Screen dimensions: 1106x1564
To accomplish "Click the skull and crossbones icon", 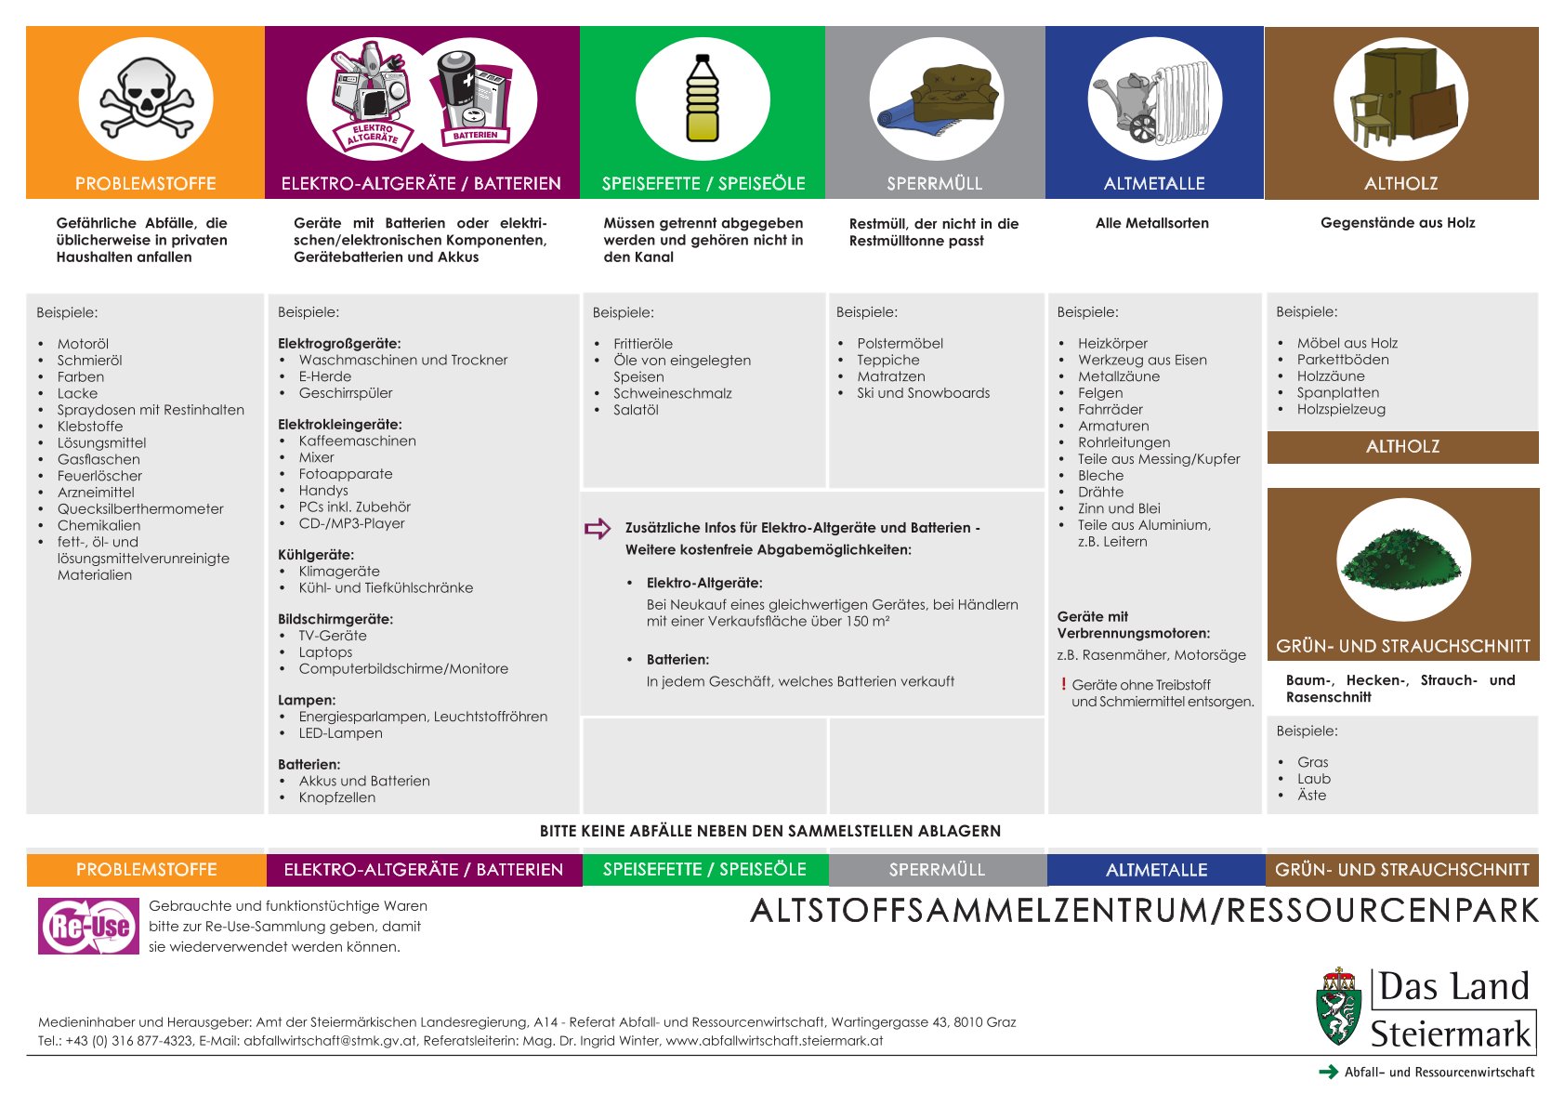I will (x=146, y=99).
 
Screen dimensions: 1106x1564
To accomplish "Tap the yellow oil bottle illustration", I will (x=703, y=99).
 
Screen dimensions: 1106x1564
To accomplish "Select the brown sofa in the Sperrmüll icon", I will (x=953, y=96).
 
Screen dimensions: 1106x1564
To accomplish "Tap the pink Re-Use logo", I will (x=89, y=926).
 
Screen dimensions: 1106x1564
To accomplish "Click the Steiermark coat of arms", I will (x=1339, y=1008).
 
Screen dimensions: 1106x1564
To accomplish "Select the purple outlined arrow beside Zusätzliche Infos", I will (x=598, y=528).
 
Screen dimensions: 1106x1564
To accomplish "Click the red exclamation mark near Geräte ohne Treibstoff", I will (x=1063, y=685).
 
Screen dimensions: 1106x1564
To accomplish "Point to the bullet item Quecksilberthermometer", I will (x=140, y=509).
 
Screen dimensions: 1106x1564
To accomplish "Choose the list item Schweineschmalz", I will (x=672, y=393).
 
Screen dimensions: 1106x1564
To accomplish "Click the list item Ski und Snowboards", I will (x=923, y=393).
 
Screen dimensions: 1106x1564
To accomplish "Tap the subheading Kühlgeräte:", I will (x=316, y=555).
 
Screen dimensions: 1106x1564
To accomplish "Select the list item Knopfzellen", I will (x=337, y=797).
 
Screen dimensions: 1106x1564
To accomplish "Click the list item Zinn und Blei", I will (x=1119, y=508).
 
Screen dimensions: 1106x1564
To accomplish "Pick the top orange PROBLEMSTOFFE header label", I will (x=146, y=184).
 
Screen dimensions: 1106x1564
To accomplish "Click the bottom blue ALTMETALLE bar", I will (x=1156, y=870).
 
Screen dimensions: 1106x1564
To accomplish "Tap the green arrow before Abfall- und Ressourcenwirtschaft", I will (x=1328, y=1072).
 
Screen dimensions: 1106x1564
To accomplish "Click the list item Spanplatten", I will (x=1337, y=392).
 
